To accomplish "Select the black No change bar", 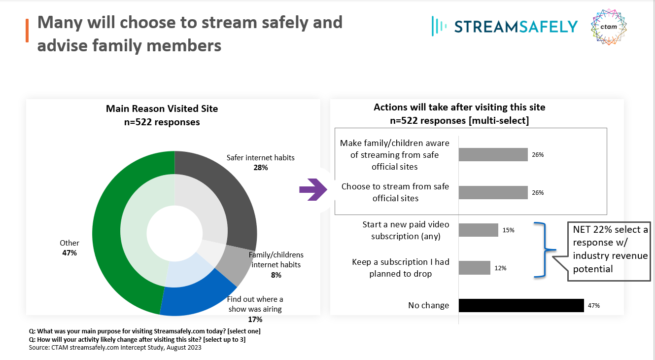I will tap(521, 306).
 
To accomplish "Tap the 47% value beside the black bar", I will tap(593, 306).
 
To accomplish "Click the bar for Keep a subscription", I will tap(474, 268).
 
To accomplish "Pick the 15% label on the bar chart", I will tap(509, 230).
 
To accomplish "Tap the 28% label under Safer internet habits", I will tap(260, 168).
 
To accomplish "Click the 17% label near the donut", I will tap(255, 319).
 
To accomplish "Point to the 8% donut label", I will tap(276, 275).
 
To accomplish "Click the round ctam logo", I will tap(609, 27).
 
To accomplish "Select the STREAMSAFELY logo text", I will tap(516, 26).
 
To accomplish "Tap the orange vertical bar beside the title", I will tap(27, 31).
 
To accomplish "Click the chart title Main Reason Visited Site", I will tap(162, 108).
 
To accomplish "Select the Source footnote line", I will tap(115, 348).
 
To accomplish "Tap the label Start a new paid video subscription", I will tap(406, 230).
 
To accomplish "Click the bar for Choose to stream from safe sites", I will tap(493, 192).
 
